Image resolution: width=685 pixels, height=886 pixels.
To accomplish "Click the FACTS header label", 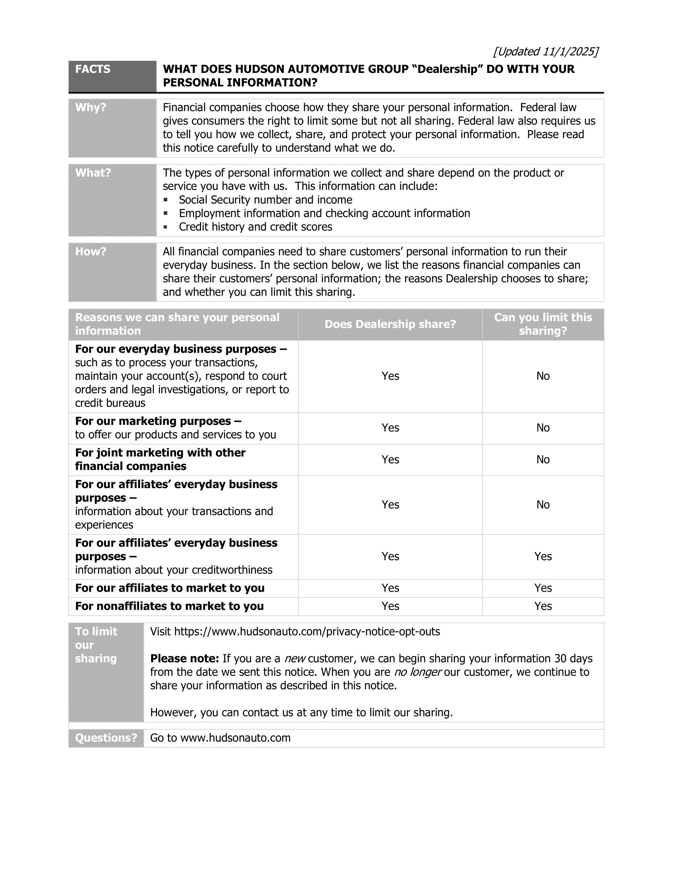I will pyautogui.click(x=93, y=69).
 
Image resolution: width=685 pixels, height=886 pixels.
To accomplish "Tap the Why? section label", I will pyautogui.click(x=91, y=108).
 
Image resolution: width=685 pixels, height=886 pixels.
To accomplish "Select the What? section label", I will pyautogui.click(x=93, y=173).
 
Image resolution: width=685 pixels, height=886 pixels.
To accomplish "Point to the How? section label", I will pyautogui.click(x=91, y=252).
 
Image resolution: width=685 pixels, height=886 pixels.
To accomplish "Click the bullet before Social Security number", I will pyautogui.click(x=166, y=200).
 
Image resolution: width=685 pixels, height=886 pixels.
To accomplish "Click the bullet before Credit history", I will pyautogui.click(x=166, y=227).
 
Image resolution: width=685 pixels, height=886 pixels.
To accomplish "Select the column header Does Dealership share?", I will pyautogui.click(x=390, y=324).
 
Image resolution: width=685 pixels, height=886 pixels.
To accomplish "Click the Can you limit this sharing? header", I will pyautogui.click(x=543, y=324).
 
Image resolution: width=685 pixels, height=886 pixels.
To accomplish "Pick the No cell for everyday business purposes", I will pyautogui.click(x=543, y=376).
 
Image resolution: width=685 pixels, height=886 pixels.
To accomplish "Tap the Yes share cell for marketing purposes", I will pyautogui.click(x=390, y=428).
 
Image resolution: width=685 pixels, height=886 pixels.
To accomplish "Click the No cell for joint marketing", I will pyautogui.click(x=543, y=460).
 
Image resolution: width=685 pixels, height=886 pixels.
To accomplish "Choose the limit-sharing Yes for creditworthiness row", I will pyautogui.click(x=543, y=557).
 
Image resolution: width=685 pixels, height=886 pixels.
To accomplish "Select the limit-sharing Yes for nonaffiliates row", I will pyautogui.click(x=543, y=606).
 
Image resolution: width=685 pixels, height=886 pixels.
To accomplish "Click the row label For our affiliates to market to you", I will pyautogui.click(x=170, y=588).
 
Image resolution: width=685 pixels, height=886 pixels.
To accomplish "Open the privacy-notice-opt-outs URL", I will pyautogui.click(x=307, y=631).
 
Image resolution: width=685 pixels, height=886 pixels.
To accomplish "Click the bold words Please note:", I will pyautogui.click(x=185, y=658).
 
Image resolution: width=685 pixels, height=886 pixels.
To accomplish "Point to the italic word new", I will pyautogui.click(x=295, y=659).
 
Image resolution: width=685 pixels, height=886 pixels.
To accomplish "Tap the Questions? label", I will pyautogui.click(x=106, y=738).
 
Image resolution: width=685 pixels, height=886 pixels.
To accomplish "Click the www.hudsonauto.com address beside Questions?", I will pyautogui.click(x=235, y=738).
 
